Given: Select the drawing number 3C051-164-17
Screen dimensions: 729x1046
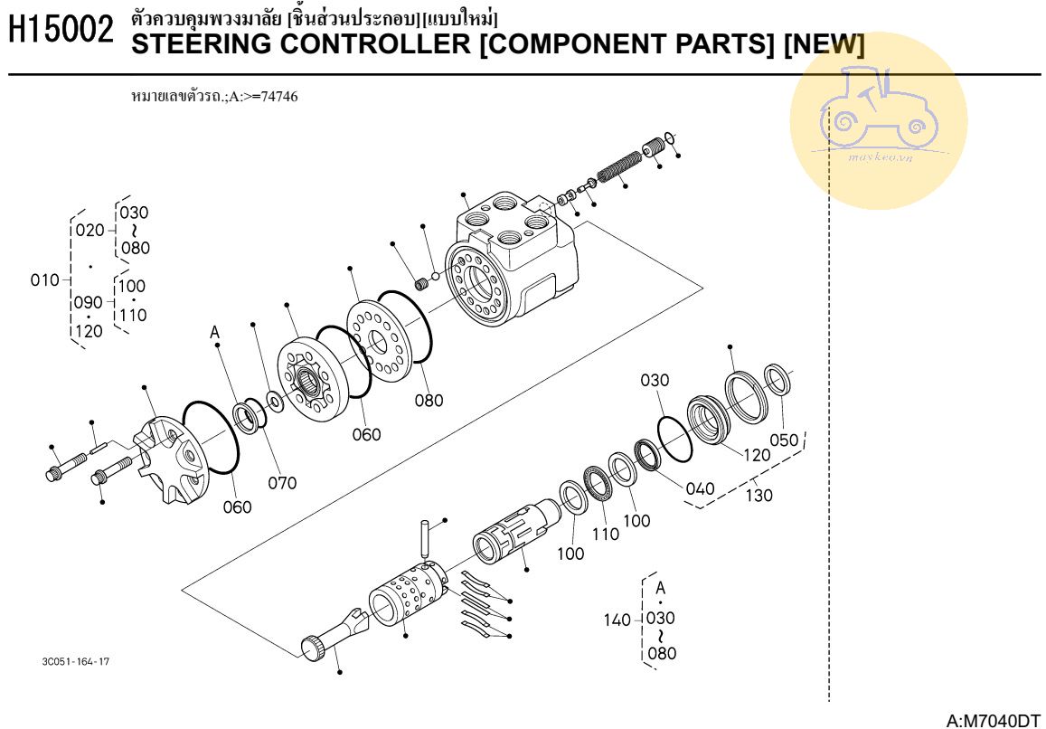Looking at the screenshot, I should click(77, 661).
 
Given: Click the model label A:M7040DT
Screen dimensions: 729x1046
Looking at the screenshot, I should click(991, 720).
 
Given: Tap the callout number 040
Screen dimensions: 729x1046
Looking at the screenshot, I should click(700, 488).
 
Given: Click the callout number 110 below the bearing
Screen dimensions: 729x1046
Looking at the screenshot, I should click(606, 533).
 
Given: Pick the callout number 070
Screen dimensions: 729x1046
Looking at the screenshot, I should click(282, 483).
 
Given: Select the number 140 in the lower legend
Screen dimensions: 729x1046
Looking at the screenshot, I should click(617, 620).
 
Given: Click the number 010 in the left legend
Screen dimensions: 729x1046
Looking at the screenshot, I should click(44, 279).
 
